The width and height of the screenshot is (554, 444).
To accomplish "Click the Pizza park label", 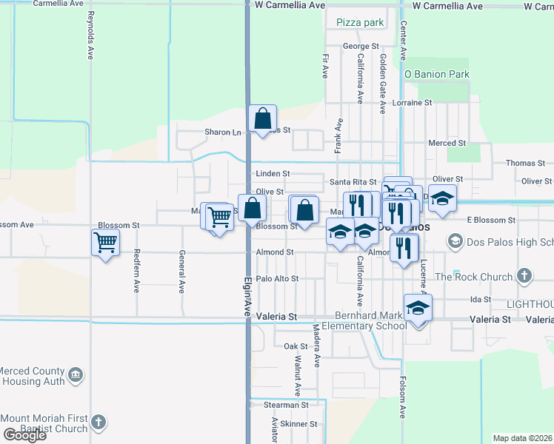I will pos(360,23).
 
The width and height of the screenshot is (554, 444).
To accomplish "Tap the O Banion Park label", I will pos(437,74).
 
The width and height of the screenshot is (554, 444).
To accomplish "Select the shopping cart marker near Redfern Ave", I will pos(105,241).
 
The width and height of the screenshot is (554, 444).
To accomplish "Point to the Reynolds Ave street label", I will pos(91,35).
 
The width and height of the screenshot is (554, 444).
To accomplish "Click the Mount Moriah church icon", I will pos(98,423).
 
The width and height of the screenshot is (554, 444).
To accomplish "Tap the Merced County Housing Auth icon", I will pos(75,376).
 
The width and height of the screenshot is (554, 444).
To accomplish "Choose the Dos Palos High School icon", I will pos(454,242).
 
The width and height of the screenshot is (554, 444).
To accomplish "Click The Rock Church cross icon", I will pos(524,277).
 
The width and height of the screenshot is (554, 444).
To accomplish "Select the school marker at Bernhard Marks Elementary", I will pos(418,307).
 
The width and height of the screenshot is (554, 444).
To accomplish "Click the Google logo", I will pos(24,435).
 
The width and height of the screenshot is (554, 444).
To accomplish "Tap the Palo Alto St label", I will pos(277,279).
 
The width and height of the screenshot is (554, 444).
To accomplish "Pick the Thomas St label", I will pos(524,163).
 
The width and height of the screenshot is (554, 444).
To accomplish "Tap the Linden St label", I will pos(273,173).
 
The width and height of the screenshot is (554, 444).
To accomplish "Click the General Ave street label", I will pos(181,272).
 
